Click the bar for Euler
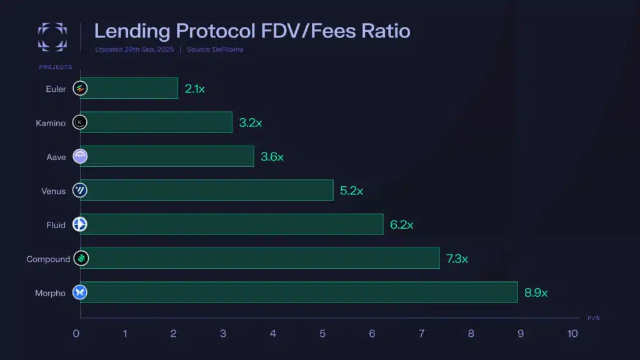click(129, 88)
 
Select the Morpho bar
click(299, 292)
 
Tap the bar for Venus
click(206, 190)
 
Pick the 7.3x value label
click(457, 258)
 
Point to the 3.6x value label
click(272, 156)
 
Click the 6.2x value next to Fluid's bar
click(401, 224)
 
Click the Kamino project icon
click(80, 122)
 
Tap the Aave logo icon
click(80, 156)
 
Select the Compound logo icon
click(80, 258)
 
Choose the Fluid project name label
click(56, 225)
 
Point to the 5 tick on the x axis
click(322, 334)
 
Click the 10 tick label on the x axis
click(572, 334)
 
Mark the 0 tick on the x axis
click(76, 334)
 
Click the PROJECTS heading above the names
click(56, 67)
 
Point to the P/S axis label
click(594, 318)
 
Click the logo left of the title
click(52, 36)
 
